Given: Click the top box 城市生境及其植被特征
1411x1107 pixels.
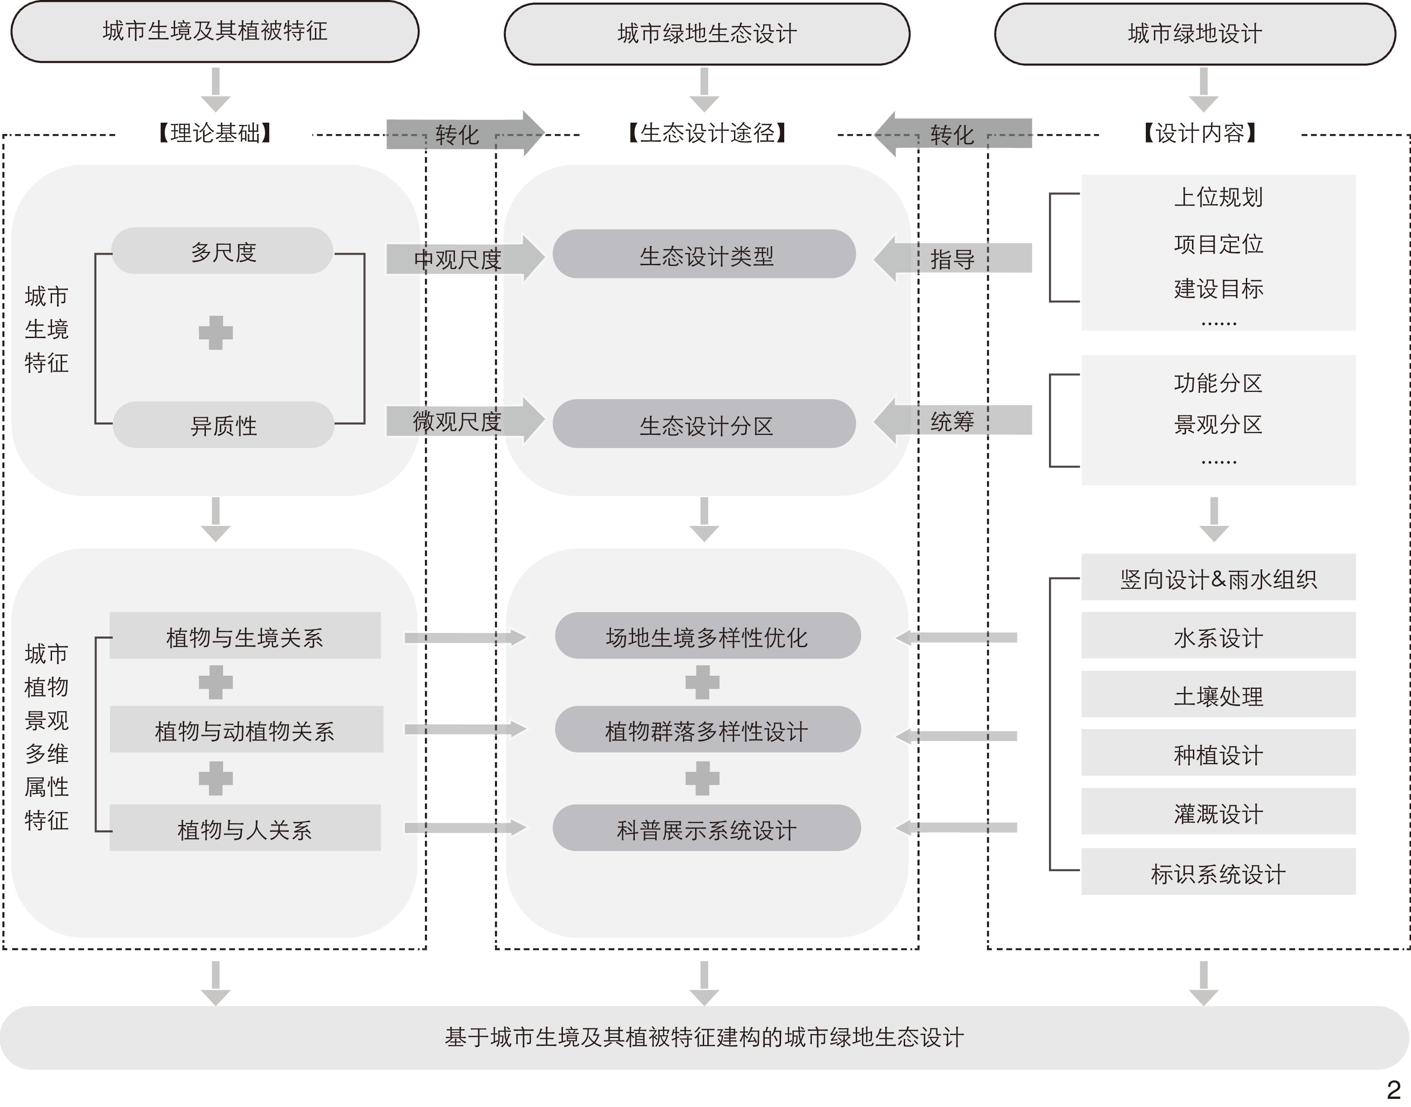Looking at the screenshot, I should (215, 32).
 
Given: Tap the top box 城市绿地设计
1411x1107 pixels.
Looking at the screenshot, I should (1195, 33).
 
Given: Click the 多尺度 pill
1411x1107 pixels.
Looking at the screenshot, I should (223, 252).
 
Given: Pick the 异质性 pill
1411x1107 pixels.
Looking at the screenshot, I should (223, 425).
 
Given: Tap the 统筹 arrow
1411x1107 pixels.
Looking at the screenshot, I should (952, 421).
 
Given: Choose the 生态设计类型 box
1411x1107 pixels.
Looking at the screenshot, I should (705, 255).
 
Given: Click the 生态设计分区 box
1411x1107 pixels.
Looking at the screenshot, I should (705, 425).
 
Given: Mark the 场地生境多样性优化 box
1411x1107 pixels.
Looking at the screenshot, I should (707, 636).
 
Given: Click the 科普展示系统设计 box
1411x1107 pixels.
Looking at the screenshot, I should (706, 829).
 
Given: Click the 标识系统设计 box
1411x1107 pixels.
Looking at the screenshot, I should (1218, 873).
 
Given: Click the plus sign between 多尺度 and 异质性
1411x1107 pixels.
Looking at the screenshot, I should (215, 333).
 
